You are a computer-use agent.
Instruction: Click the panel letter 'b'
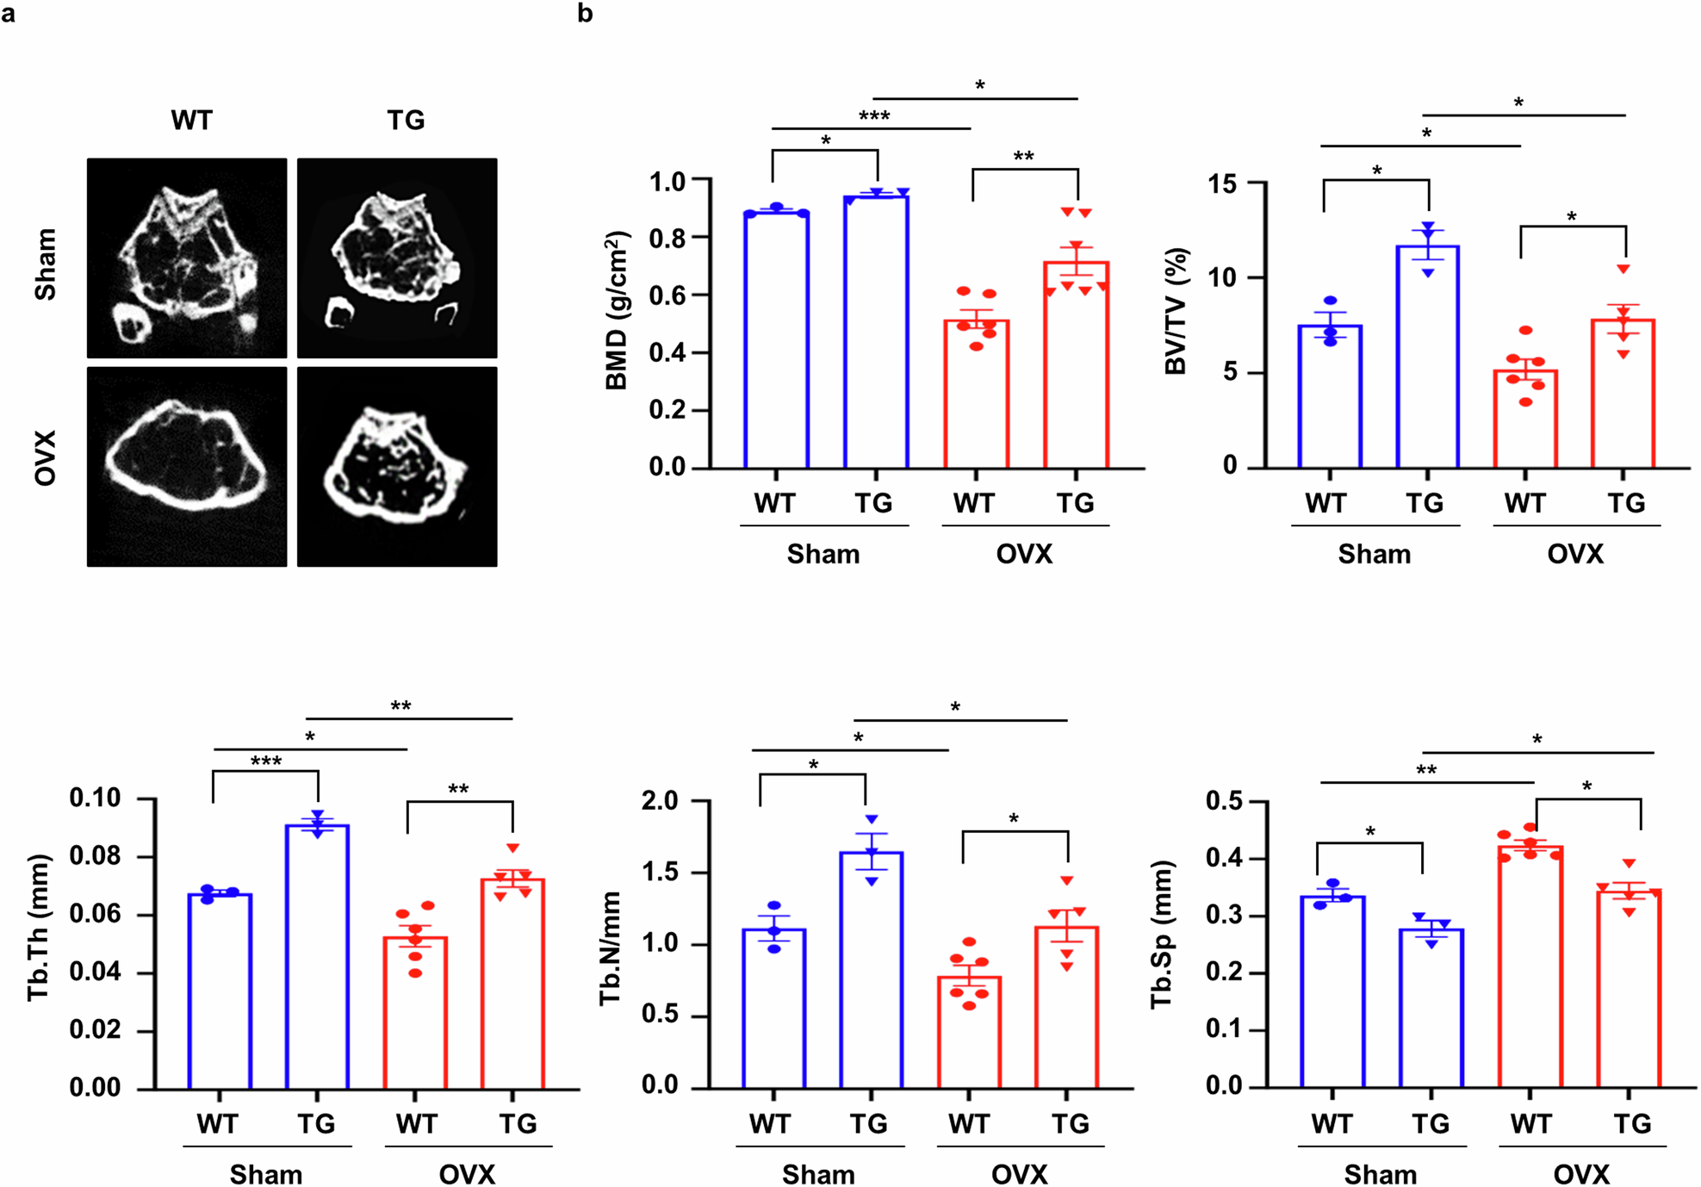[585, 13]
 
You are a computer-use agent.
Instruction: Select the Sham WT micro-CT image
[187, 258]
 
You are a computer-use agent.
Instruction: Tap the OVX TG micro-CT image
[397, 467]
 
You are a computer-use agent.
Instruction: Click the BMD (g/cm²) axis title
[618, 310]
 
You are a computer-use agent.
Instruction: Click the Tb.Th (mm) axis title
[38, 928]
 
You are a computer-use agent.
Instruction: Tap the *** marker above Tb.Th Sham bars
[265, 761]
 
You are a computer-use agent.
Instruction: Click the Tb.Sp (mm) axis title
[1163, 934]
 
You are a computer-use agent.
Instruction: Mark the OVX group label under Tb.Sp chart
[1580, 1174]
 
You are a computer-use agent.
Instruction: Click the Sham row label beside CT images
[45, 264]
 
